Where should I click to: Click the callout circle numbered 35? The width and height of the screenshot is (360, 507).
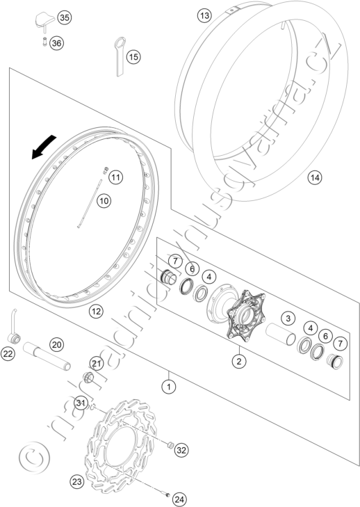click(x=65, y=17)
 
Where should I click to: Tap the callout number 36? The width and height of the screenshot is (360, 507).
click(x=56, y=43)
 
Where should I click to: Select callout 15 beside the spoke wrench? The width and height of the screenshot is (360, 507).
click(x=133, y=57)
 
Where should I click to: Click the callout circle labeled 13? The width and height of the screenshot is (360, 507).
click(x=204, y=15)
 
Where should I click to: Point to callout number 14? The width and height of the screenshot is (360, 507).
click(x=315, y=177)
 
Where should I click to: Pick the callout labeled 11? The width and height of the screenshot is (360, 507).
click(x=115, y=177)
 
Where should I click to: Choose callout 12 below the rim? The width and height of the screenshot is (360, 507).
click(x=96, y=312)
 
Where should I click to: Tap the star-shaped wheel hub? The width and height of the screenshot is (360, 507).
click(x=246, y=314)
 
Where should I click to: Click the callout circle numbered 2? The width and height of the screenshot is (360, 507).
click(x=239, y=361)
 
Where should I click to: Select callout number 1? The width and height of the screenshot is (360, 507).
click(x=169, y=386)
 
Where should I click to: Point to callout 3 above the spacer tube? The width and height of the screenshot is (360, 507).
click(x=288, y=318)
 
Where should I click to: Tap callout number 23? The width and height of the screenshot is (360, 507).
click(x=76, y=482)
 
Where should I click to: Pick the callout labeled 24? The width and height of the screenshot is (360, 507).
click(x=179, y=499)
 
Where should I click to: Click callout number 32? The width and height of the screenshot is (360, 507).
click(x=181, y=450)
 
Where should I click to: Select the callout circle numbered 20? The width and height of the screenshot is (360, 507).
click(x=56, y=345)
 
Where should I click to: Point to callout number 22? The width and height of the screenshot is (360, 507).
click(x=8, y=354)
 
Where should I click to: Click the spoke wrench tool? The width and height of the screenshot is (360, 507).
click(x=120, y=56)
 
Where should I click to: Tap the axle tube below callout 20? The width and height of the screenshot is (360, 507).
click(x=47, y=356)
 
